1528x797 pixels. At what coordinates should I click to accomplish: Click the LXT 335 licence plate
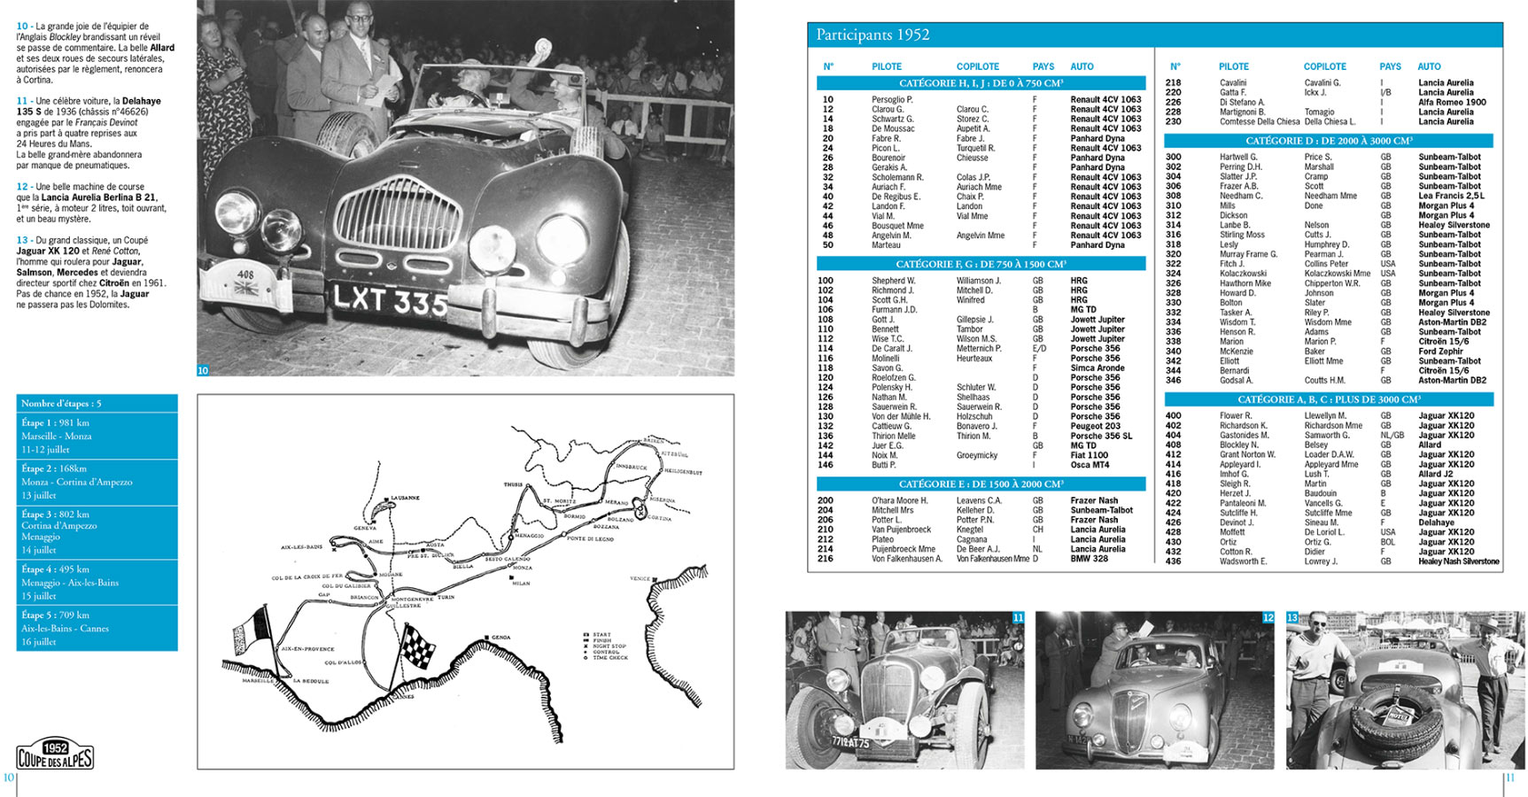(x=389, y=299)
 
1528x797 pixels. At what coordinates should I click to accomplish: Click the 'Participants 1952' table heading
(x=873, y=35)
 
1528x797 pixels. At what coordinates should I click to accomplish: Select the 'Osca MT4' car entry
(x=1090, y=465)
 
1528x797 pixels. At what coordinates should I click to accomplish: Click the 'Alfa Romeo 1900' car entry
(x=1452, y=102)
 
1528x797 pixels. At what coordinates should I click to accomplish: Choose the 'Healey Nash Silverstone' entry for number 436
(x=1458, y=561)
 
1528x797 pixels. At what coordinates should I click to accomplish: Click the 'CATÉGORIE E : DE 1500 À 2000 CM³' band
(x=981, y=484)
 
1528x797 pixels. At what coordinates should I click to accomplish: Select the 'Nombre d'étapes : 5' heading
(x=61, y=403)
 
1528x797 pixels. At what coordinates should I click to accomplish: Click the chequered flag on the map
(x=418, y=646)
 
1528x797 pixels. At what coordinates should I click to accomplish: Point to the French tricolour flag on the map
(x=251, y=631)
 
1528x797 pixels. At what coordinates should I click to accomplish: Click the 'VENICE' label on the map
(x=640, y=578)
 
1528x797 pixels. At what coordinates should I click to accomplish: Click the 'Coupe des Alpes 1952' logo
(x=55, y=755)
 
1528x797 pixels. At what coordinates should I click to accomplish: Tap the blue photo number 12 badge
(x=1268, y=617)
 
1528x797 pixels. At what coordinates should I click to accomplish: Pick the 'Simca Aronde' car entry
(x=1097, y=368)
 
